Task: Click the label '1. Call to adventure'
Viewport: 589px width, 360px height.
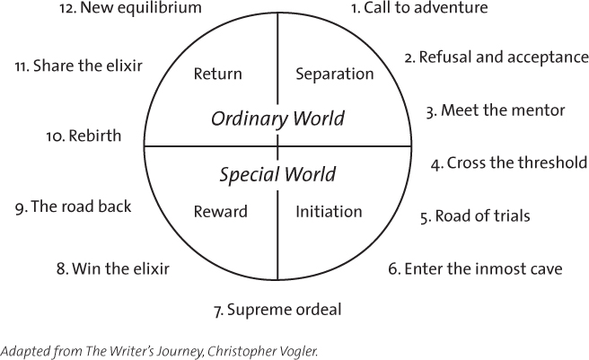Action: (418, 8)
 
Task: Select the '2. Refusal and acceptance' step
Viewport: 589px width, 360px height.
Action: (496, 57)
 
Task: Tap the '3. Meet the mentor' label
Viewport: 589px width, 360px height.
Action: (495, 110)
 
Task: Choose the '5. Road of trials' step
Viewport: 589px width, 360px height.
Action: (475, 215)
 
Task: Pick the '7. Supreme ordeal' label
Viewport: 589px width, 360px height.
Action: (277, 311)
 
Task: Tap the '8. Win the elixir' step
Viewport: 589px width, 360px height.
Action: (112, 268)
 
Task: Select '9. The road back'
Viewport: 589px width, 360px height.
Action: (73, 206)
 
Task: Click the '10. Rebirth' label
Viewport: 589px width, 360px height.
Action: (84, 136)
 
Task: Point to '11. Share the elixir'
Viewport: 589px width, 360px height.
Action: (78, 66)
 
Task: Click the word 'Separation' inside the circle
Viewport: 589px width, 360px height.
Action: (334, 74)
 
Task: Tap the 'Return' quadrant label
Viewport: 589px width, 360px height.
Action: (217, 74)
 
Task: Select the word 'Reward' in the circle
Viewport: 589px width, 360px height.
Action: (220, 212)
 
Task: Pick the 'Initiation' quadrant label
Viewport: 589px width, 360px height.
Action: (329, 212)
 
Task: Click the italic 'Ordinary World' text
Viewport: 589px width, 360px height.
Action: (277, 119)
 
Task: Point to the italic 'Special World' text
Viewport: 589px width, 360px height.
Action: (277, 174)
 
